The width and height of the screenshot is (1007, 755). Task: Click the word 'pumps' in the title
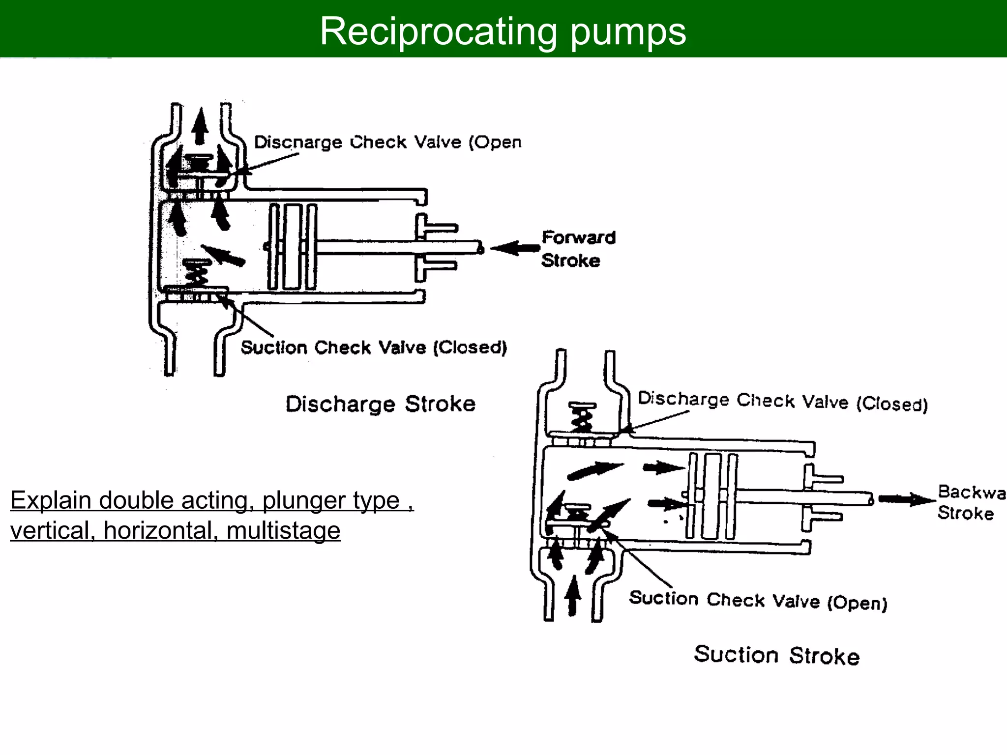(628, 31)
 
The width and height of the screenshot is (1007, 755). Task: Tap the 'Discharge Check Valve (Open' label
(387, 142)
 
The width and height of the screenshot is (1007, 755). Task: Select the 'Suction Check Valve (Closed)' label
(374, 348)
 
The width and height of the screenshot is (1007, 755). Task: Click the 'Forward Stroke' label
(578, 249)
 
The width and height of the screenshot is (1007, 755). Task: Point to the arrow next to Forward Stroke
(515, 248)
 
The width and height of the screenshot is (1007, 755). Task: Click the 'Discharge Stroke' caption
(381, 404)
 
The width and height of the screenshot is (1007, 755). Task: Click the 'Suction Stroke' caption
(776, 655)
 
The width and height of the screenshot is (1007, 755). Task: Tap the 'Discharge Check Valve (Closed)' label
(782, 402)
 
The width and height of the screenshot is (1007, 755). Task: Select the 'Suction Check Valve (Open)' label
(758, 600)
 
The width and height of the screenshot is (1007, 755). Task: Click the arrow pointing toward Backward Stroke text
(906, 499)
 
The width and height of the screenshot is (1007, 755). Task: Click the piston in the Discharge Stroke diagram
(293, 247)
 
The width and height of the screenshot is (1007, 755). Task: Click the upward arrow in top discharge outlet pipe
(200, 125)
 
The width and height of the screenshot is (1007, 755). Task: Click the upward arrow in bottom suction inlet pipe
(572, 595)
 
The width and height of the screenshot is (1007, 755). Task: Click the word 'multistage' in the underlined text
(283, 530)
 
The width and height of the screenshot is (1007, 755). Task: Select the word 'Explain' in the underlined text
(51, 500)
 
